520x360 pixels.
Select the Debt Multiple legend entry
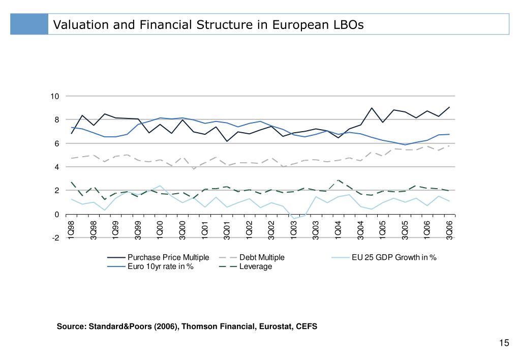pyautogui.click(x=262, y=257)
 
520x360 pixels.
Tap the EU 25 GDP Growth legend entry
pyautogui.click(x=394, y=257)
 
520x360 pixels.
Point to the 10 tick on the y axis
pyautogui.click(x=55, y=97)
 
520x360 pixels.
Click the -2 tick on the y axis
pyautogui.click(x=55, y=238)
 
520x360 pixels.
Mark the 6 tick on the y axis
pyautogui.click(x=56, y=144)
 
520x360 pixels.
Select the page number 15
pyautogui.click(x=504, y=343)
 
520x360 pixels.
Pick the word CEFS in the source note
pyautogui.click(x=307, y=326)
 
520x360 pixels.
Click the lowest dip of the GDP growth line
pyautogui.click(x=293, y=219)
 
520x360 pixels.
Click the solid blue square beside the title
pyautogui.click(x=30, y=24)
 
